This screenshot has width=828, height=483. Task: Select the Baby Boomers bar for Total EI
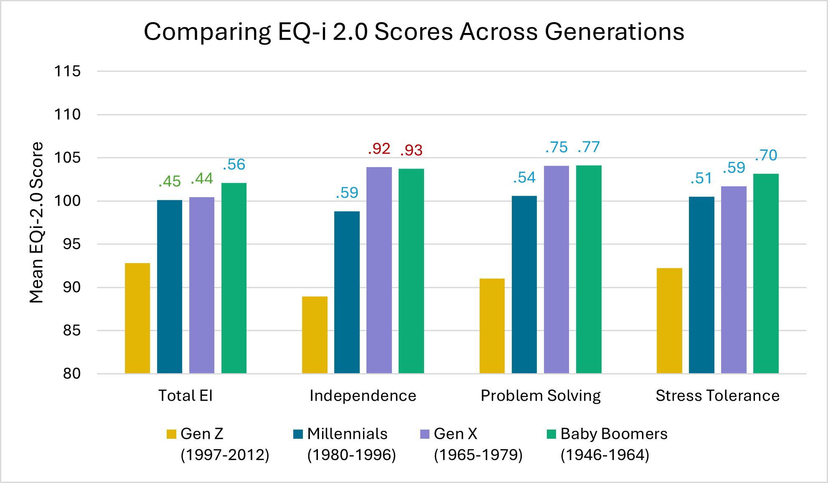pyautogui.click(x=234, y=278)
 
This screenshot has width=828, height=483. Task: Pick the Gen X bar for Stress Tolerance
pyautogui.click(x=734, y=280)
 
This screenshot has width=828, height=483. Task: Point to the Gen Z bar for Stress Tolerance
pyautogui.click(x=669, y=321)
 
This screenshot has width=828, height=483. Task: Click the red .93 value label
pyautogui.click(x=411, y=150)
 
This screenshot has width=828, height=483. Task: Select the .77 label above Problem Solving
pyautogui.click(x=589, y=147)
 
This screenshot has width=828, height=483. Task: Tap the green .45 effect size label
pyautogui.click(x=170, y=182)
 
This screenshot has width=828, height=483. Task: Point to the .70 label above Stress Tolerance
pyautogui.click(x=766, y=155)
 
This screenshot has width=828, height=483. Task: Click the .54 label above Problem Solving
pyautogui.click(x=524, y=178)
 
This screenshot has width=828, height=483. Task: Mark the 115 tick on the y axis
pyautogui.click(x=67, y=71)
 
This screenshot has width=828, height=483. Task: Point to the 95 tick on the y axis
pyautogui.click(x=71, y=244)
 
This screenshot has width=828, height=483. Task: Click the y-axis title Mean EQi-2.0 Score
pyautogui.click(x=37, y=222)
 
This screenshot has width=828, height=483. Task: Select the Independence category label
pyautogui.click(x=363, y=396)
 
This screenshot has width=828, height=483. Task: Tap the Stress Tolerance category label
pyautogui.click(x=717, y=396)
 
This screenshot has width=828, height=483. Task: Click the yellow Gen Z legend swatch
pyautogui.click(x=171, y=434)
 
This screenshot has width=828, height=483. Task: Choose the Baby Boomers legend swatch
pyautogui.click(x=551, y=434)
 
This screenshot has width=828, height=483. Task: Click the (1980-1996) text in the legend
pyautogui.click(x=351, y=455)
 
